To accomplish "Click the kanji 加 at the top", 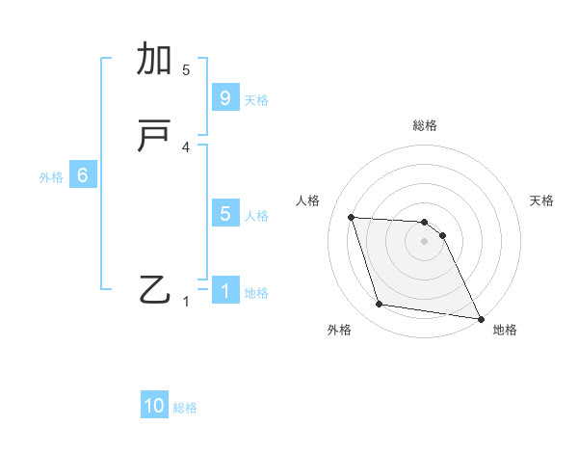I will point(154,60).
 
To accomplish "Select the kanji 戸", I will point(154,138).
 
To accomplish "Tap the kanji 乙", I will point(154,289).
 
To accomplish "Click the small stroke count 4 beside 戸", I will point(186,147).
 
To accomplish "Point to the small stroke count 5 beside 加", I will point(186,69).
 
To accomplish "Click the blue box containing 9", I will point(224,97).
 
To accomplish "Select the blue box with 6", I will point(83,175).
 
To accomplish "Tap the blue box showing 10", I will point(154,406).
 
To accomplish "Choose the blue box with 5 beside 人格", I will point(224,214).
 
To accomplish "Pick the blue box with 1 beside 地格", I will point(224,290).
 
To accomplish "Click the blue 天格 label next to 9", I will point(256,99).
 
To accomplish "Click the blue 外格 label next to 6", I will point(51,177).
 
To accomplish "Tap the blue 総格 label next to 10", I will point(185,408).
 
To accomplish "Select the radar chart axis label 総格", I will point(425,125).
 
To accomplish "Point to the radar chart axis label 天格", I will point(541,200).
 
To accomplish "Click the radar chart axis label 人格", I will point(308,200).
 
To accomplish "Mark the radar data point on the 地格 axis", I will point(480,318).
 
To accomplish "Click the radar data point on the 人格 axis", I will point(352,217).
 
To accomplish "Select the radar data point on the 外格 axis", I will point(380,305).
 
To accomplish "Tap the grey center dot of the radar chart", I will point(425,242).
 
